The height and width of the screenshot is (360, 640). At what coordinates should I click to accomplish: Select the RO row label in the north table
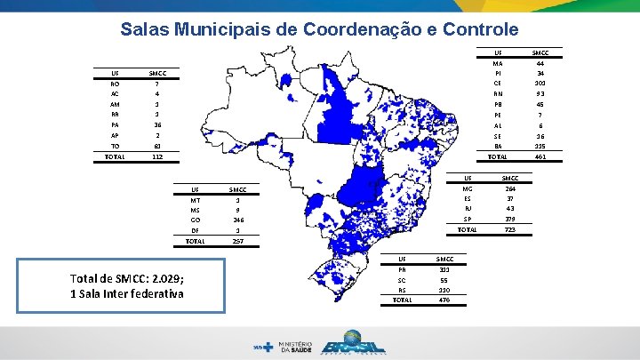[116, 84]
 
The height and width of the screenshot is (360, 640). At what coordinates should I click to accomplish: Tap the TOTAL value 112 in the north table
[156, 156]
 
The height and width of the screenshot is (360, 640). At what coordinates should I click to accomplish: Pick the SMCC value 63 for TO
[156, 146]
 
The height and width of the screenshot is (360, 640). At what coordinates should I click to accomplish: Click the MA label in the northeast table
[498, 62]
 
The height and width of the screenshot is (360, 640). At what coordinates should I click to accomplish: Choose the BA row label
[498, 146]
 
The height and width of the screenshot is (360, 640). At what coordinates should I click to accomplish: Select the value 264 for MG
[510, 188]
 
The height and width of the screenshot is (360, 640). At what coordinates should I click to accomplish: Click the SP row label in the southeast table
[468, 219]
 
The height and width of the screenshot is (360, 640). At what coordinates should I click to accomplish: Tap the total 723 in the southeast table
[510, 229]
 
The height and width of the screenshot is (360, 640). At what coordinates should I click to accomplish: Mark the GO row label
[195, 219]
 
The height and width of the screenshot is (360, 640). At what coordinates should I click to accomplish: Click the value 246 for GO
[237, 219]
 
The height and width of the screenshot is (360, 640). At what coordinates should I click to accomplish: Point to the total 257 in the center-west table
[237, 241]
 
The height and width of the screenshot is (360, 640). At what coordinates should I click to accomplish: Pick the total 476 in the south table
[444, 300]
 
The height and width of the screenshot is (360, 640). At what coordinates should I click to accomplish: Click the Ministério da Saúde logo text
[295, 345]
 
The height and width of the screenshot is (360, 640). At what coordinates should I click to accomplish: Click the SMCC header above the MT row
[237, 189]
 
